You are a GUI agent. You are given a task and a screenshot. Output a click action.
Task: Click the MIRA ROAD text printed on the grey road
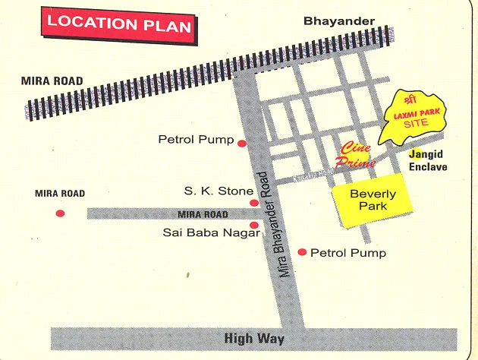[x=203, y=214]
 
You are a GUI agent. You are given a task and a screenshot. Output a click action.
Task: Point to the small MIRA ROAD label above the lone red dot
[x=60, y=194]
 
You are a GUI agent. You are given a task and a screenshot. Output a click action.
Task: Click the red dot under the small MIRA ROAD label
[x=61, y=213]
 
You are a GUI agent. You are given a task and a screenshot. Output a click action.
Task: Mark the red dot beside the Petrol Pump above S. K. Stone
[x=242, y=143]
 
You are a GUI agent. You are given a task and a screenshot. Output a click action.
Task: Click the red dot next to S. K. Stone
[x=254, y=203]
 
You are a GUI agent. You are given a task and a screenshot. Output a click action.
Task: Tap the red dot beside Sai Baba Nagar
[x=254, y=225]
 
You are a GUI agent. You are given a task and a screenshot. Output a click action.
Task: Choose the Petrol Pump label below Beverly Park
[x=348, y=253]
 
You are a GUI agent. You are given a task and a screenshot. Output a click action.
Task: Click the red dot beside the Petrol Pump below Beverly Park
[x=303, y=252]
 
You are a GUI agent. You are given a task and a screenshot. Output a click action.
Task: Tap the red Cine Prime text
[x=357, y=154]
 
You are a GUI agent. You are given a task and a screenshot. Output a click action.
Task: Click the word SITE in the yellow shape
[x=414, y=123]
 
